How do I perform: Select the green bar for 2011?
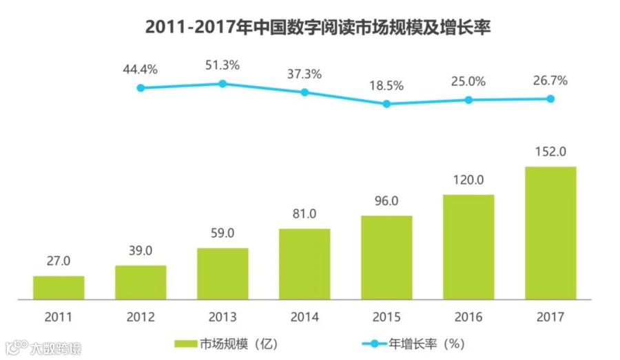point(59,288)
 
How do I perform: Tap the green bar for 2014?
point(304,264)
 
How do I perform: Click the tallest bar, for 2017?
point(550,233)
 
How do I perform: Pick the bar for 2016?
point(468,247)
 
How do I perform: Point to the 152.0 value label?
point(550,151)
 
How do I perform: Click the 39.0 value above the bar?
point(141,251)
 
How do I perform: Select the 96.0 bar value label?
point(386,201)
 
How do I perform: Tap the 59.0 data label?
point(223,233)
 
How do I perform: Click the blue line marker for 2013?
point(223,83)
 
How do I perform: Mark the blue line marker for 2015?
point(386,104)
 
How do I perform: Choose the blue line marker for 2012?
point(141,88)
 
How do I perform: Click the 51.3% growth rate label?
point(223,65)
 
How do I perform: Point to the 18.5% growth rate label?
point(386,86)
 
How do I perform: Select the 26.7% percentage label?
point(550,81)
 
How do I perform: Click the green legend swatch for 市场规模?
point(185,342)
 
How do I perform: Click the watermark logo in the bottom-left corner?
point(15,348)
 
